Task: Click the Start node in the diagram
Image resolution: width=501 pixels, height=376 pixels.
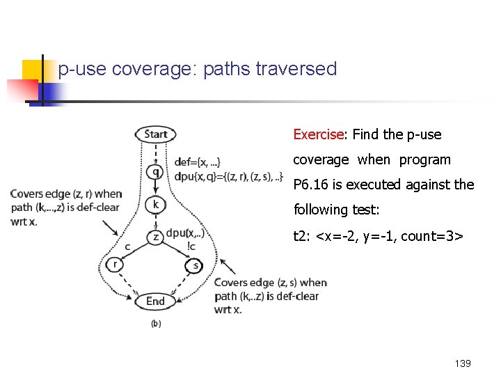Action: pos(156,134)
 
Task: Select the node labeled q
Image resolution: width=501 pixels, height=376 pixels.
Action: pos(156,171)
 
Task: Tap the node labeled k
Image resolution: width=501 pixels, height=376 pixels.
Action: pos(156,204)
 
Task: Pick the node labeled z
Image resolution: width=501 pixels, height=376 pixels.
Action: pos(156,237)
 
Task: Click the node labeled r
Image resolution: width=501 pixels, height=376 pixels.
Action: pos(115,264)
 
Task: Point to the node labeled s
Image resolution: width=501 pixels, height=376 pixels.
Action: pos(195,265)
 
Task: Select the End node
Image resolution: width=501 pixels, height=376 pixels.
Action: pos(155,301)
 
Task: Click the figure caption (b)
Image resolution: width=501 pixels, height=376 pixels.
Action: pos(156,324)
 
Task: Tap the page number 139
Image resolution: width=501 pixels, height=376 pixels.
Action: pos(462,363)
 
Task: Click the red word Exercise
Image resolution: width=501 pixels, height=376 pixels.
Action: pos(318,134)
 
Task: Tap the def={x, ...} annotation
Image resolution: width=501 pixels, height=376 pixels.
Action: pos(198,162)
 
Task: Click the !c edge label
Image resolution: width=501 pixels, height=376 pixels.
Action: pos(191,246)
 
